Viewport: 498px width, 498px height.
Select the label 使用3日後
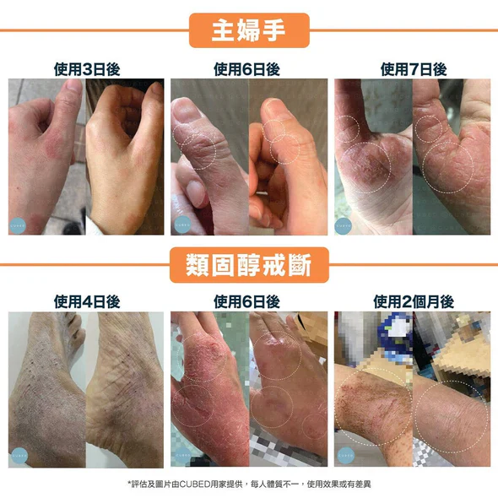[x=87, y=69]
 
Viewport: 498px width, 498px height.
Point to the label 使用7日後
[x=414, y=69]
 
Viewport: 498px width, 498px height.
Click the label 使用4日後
[x=87, y=301]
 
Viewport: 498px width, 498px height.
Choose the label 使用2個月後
[x=414, y=301]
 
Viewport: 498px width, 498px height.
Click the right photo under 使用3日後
[x=125, y=157]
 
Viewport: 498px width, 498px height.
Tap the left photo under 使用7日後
[x=372, y=157]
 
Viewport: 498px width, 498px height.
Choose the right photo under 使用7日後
[x=452, y=157]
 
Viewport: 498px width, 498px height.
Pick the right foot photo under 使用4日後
[x=125, y=389]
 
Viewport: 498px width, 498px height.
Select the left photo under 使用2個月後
[x=372, y=389]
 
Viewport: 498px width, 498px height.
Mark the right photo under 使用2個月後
[x=452, y=389]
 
